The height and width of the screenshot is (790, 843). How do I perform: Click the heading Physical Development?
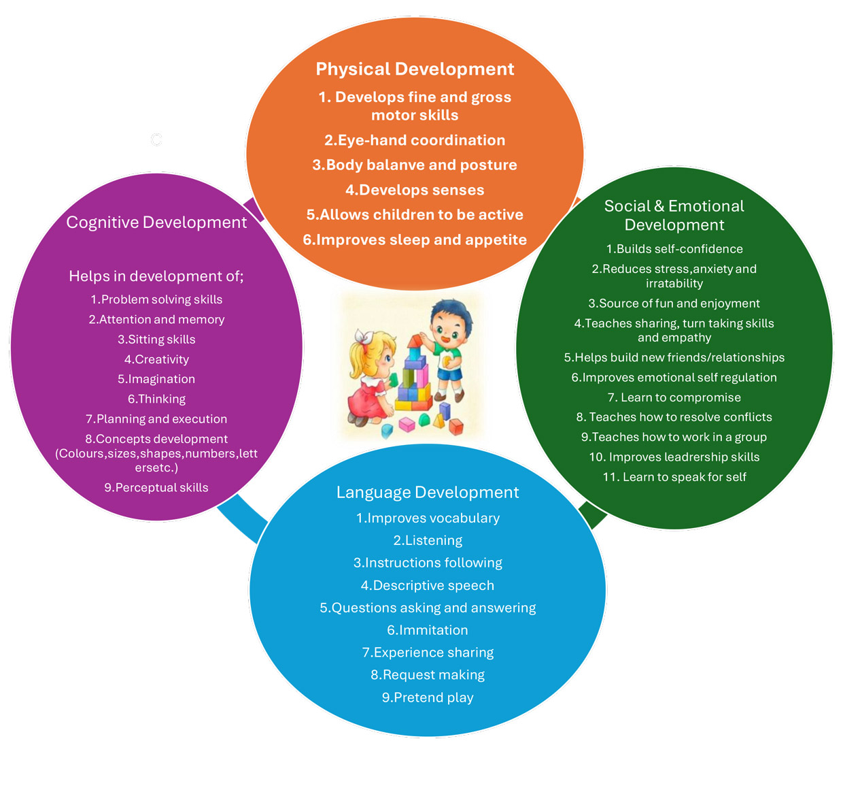tap(415, 69)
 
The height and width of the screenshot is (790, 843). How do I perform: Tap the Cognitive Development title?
tap(156, 223)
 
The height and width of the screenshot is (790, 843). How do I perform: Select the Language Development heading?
tap(428, 492)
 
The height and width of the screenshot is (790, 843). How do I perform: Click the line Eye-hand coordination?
tap(415, 140)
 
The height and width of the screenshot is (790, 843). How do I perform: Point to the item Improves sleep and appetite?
tap(415, 240)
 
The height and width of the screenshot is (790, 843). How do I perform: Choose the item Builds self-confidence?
tap(674, 249)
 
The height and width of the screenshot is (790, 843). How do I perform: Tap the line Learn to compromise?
tap(674, 397)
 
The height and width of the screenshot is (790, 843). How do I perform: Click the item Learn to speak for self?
tap(674, 477)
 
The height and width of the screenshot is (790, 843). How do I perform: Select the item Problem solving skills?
tap(156, 299)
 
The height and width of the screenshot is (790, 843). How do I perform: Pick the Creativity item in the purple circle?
tap(156, 359)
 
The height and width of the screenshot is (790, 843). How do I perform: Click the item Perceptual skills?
tap(156, 487)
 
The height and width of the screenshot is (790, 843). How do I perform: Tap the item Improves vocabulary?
tap(428, 518)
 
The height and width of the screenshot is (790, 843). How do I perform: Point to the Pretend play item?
tap(428, 697)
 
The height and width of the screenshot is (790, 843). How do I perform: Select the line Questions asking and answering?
tap(428, 608)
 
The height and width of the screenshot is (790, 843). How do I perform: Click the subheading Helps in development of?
tap(156, 276)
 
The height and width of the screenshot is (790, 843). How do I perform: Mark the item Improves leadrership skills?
tap(674, 457)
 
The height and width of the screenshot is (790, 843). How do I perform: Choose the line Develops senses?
tap(415, 190)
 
